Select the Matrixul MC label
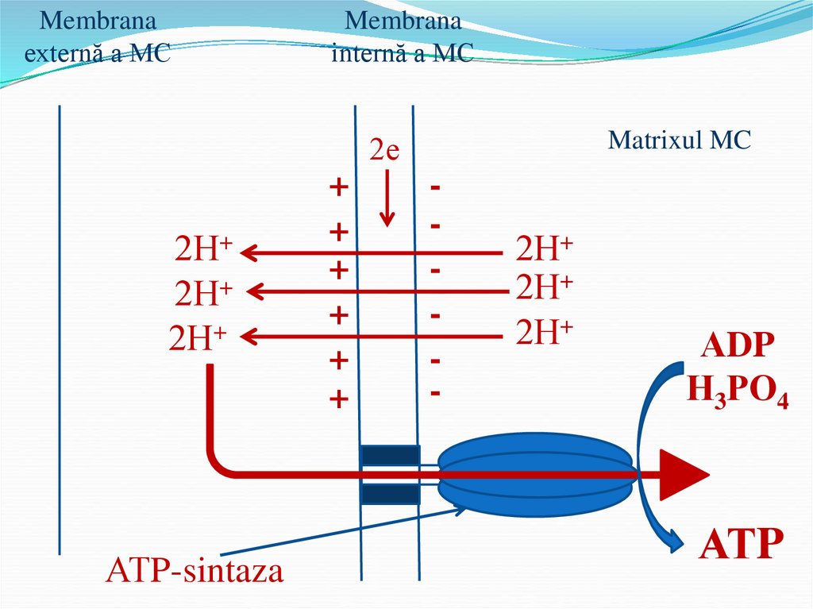[679, 141]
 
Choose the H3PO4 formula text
[738, 391]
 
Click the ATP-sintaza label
[195, 570]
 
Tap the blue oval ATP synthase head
[535, 476]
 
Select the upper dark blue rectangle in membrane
[390, 455]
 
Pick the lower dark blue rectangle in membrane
[390, 494]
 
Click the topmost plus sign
[339, 188]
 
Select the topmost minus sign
[435, 188]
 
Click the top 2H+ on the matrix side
[544, 249]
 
